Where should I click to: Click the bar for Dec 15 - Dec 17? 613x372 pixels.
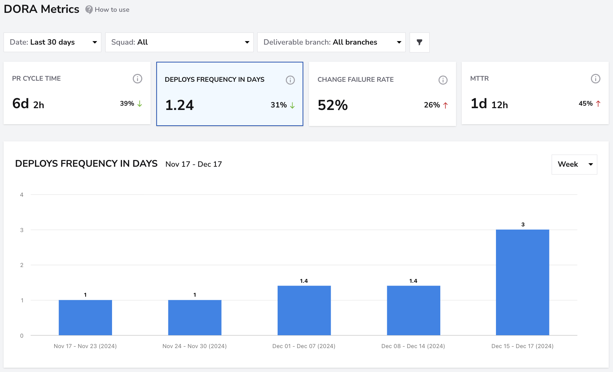pos(522,282)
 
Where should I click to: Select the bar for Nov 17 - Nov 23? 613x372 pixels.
pos(85,318)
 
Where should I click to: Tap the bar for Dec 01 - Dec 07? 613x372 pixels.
pos(304,311)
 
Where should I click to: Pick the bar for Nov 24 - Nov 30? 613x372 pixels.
pos(195,318)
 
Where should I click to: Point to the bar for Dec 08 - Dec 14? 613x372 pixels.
pos(414,311)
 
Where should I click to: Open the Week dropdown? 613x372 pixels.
pos(574,164)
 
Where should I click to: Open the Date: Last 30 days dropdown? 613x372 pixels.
pos(52,42)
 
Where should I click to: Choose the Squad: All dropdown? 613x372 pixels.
pos(179,42)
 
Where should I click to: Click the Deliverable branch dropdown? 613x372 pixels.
pos(331,42)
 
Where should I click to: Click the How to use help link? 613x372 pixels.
pos(107,10)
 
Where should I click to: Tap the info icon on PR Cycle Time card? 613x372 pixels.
pos(137,79)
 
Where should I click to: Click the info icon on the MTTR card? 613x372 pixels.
pos(596,79)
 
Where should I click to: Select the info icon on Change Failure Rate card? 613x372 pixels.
pos(443,80)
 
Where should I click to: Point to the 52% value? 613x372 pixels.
pos(333,105)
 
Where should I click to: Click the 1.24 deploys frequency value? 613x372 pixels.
pos(179,105)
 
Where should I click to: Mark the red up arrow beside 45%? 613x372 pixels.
pos(598,104)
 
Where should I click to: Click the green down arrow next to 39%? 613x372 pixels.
pos(140,104)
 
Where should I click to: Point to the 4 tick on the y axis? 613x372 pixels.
pos(22,195)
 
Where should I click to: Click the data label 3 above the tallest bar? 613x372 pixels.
pos(523,225)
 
